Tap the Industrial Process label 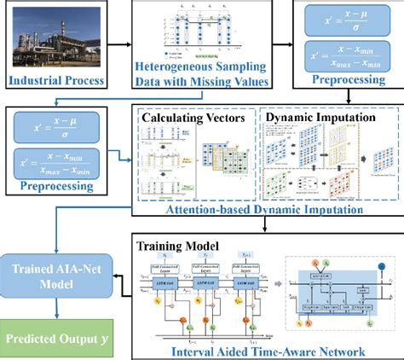(x=57, y=84)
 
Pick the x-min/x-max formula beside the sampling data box (x=347, y=58)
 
